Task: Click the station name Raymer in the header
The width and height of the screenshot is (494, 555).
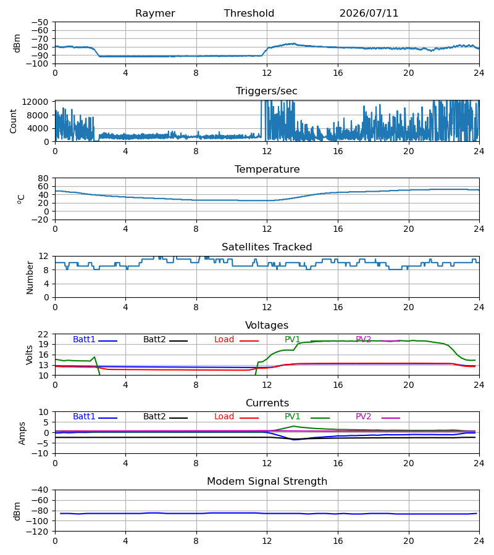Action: click(155, 14)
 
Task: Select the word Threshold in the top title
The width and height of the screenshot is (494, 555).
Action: click(249, 13)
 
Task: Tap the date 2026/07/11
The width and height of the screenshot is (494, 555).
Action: click(369, 14)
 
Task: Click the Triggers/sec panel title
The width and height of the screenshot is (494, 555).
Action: click(267, 91)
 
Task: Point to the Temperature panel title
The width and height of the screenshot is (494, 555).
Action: click(267, 169)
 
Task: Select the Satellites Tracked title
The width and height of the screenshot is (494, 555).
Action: click(267, 247)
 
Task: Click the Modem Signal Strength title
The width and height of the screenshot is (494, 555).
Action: click(267, 482)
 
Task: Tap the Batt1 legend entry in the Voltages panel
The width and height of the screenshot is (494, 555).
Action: click(84, 339)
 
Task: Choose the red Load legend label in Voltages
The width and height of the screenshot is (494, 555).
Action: click(224, 339)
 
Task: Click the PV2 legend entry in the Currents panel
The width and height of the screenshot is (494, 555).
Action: click(363, 417)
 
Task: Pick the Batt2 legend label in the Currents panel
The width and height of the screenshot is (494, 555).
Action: click(154, 417)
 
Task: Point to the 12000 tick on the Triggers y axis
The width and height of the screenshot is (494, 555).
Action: click(35, 102)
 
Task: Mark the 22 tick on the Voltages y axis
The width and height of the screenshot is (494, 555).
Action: click(43, 334)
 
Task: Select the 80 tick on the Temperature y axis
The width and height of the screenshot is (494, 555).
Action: click(43, 178)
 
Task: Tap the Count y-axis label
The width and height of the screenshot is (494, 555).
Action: click(14, 121)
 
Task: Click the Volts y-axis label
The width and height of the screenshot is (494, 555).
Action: click(30, 355)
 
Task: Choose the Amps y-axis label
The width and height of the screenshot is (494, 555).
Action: click(22, 434)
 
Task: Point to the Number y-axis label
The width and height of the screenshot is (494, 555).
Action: click(30, 277)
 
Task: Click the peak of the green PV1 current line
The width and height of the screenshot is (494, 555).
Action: click(293, 426)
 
